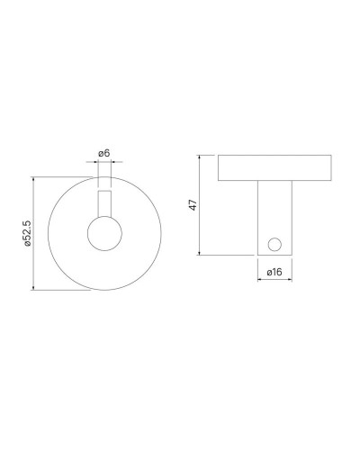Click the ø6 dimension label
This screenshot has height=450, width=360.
[x=103, y=154]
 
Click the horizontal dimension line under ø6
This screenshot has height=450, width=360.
[x=103, y=162]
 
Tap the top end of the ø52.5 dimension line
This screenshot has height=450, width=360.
[x=34, y=177]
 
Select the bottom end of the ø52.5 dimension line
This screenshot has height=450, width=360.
[x=34, y=289]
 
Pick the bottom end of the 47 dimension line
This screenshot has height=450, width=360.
[x=200, y=255]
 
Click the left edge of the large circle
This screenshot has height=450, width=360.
[x=48, y=233]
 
